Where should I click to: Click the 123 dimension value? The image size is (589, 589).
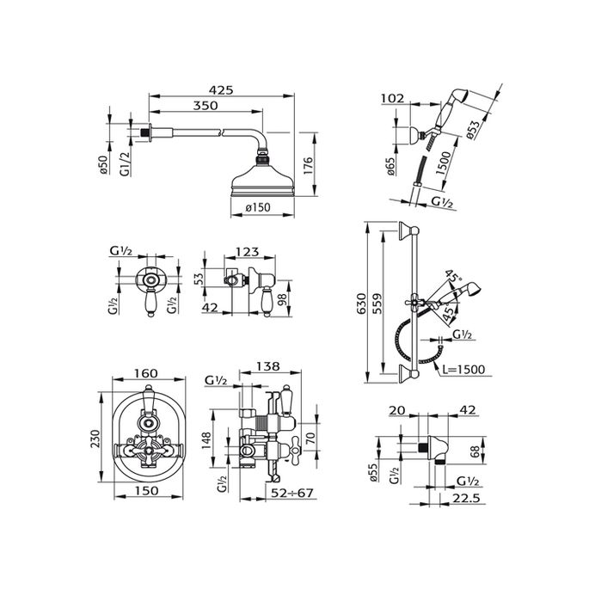[248, 252]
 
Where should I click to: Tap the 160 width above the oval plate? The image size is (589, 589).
[145, 374]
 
